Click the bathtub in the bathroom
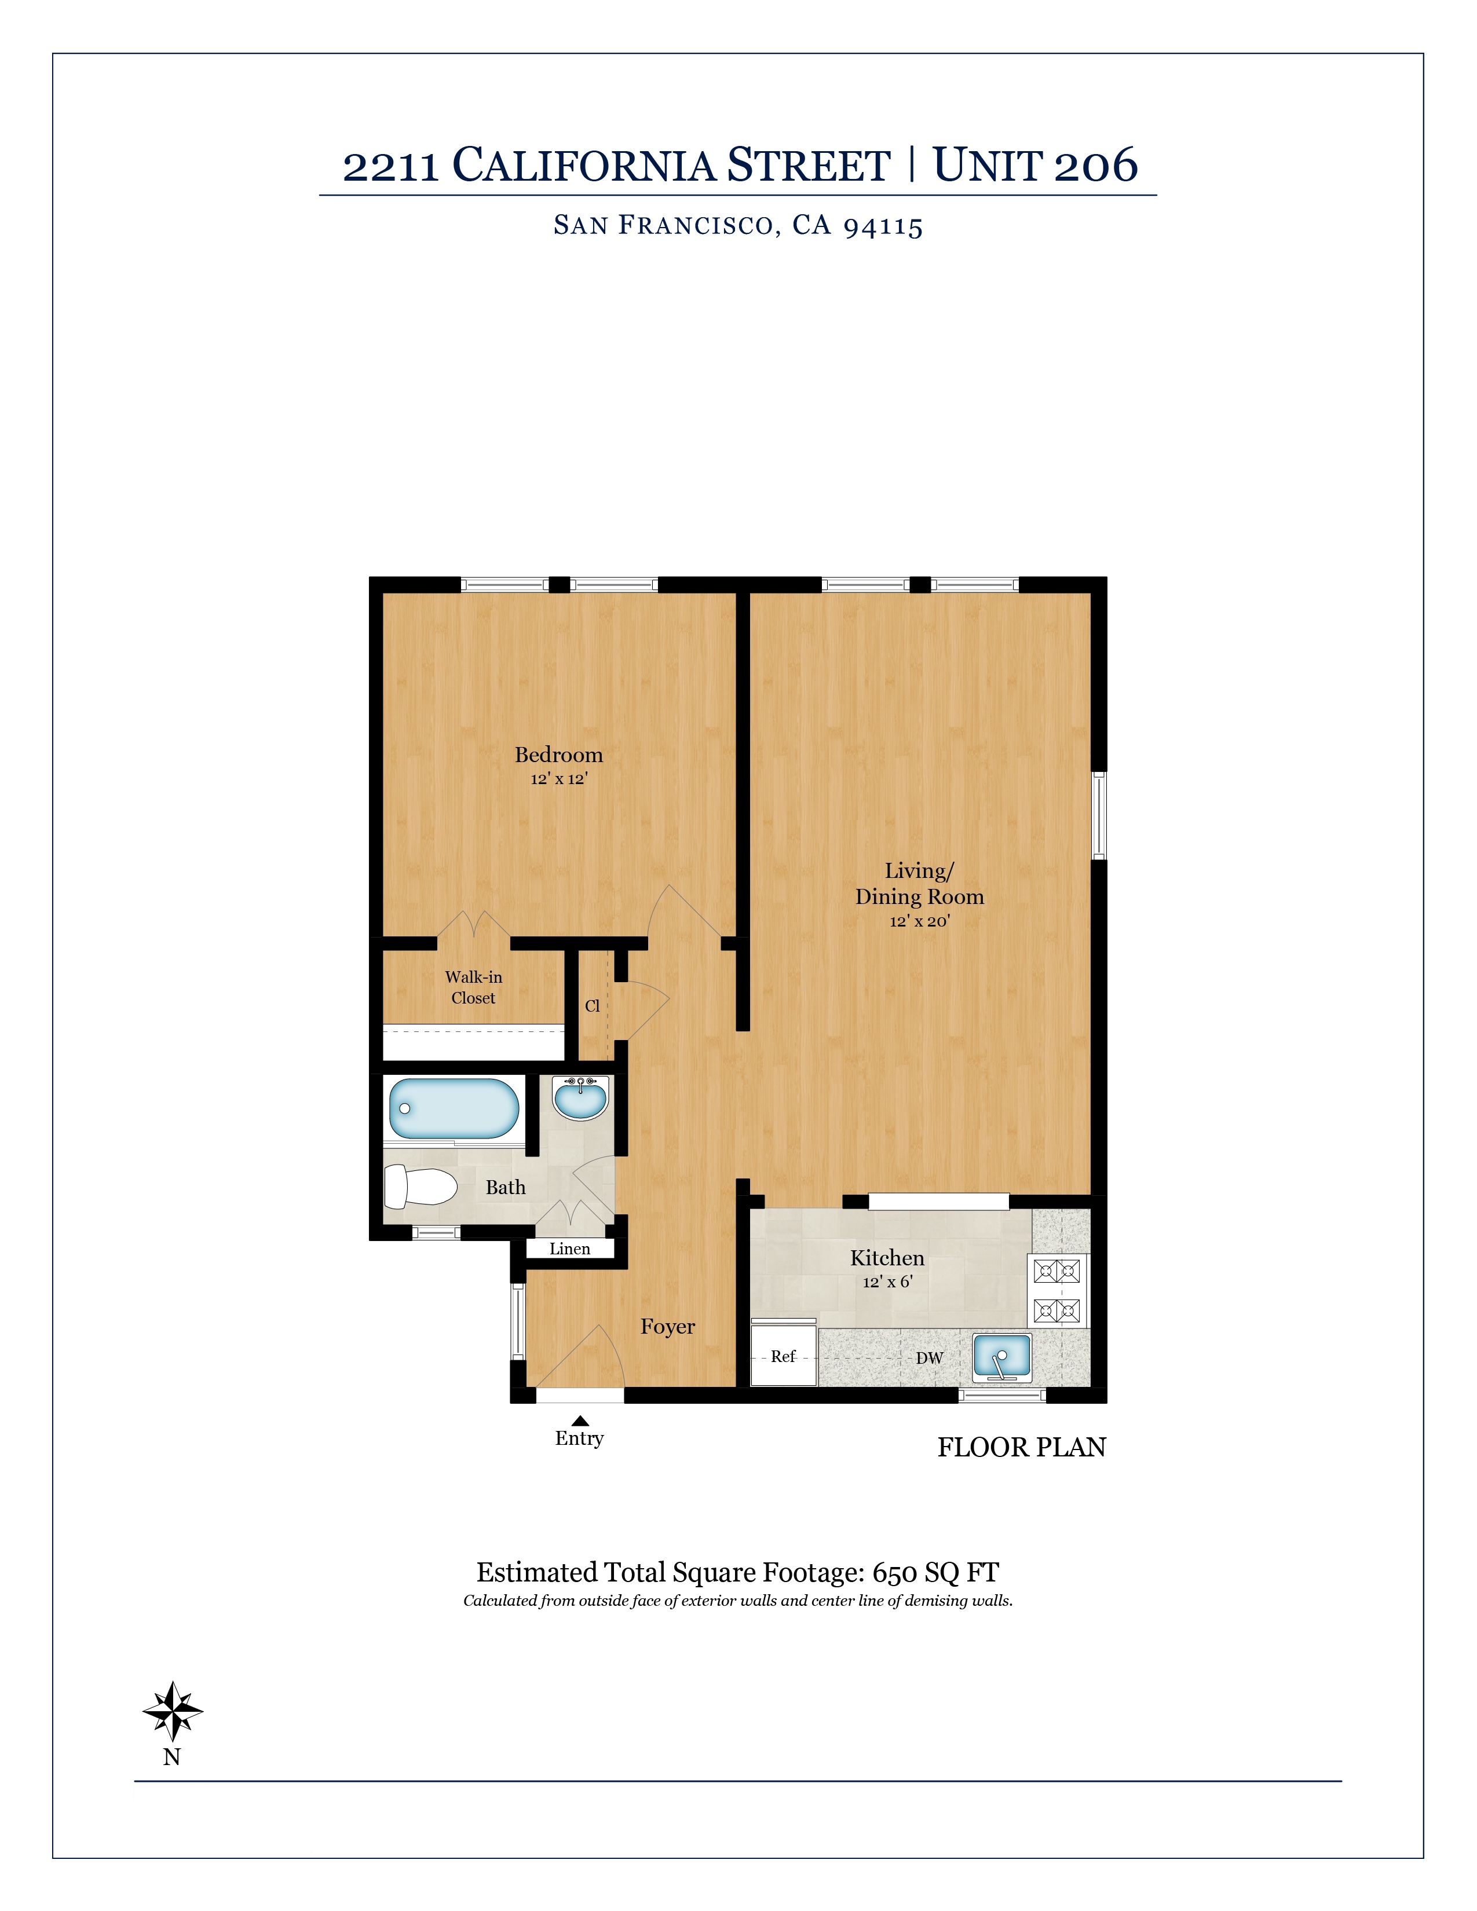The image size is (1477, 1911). click(454, 1108)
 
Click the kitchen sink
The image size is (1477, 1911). click(1002, 1358)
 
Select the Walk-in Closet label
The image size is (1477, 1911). click(473, 987)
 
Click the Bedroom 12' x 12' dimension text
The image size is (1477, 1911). click(559, 779)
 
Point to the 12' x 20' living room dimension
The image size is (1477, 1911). click(920, 921)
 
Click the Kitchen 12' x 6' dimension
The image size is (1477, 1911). click(887, 1282)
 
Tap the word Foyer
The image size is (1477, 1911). click(668, 1327)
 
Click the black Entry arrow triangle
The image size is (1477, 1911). click(580, 1420)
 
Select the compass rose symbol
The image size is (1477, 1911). click(173, 1711)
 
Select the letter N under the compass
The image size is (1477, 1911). click(171, 1757)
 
